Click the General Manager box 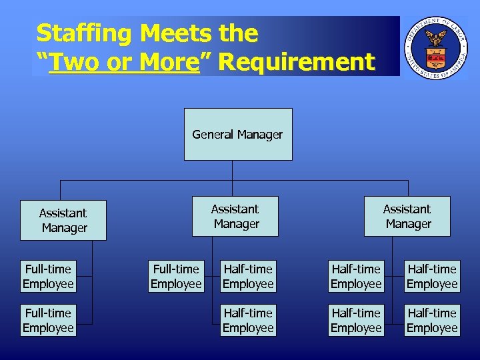coord(238,134)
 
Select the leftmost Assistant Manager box coord(63,220)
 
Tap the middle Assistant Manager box coord(235,216)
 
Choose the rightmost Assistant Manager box coord(407,216)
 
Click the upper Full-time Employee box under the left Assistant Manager coord(48,277)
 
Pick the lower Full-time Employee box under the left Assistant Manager coord(48,320)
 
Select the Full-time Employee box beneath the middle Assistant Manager coord(176,277)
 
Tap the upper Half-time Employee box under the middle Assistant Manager coord(248,277)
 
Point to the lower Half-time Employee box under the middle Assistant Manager coord(248,320)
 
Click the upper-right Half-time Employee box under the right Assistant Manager coord(432,277)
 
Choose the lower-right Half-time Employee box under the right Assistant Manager coord(432,320)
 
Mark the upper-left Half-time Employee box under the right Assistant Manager coord(356,277)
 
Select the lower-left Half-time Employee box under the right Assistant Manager coord(356,320)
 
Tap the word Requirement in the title coord(296,63)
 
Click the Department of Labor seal coord(436,47)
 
